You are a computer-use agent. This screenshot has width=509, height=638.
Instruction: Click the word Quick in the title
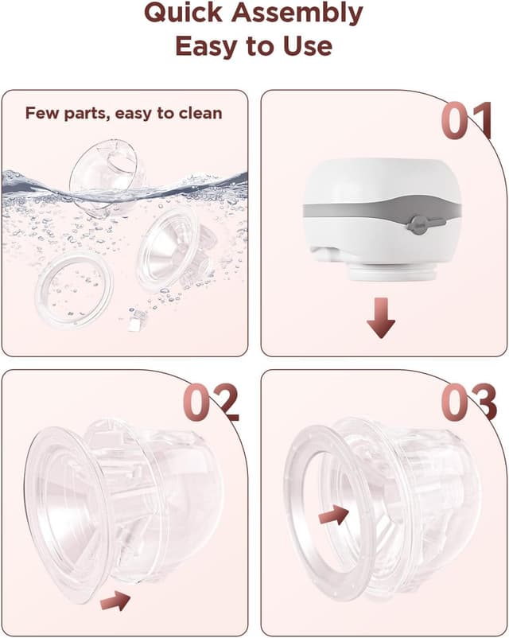pyautogui.click(x=184, y=13)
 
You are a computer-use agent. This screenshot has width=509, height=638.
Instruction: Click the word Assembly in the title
pyautogui.click(x=297, y=14)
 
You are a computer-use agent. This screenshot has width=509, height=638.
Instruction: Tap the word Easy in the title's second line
pyautogui.click(x=207, y=46)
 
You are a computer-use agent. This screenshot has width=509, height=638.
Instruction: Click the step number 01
pyautogui.click(x=467, y=121)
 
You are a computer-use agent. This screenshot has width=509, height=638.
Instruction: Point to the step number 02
pyautogui.click(x=210, y=402)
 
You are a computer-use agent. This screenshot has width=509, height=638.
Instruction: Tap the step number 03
pyautogui.click(x=468, y=402)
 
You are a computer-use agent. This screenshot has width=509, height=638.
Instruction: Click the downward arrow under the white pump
pyautogui.click(x=381, y=317)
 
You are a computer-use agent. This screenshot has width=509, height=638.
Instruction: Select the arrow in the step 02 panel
pyautogui.click(x=115, y=600)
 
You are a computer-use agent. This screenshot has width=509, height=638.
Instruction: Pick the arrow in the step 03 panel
pyautogui.click(x=334, y=515)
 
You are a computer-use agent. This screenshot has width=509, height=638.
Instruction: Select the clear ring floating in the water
pyautogui.click(x=74, y=289)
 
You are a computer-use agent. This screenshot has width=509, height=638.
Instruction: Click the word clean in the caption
pyautogui.click(x=200, y=113)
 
